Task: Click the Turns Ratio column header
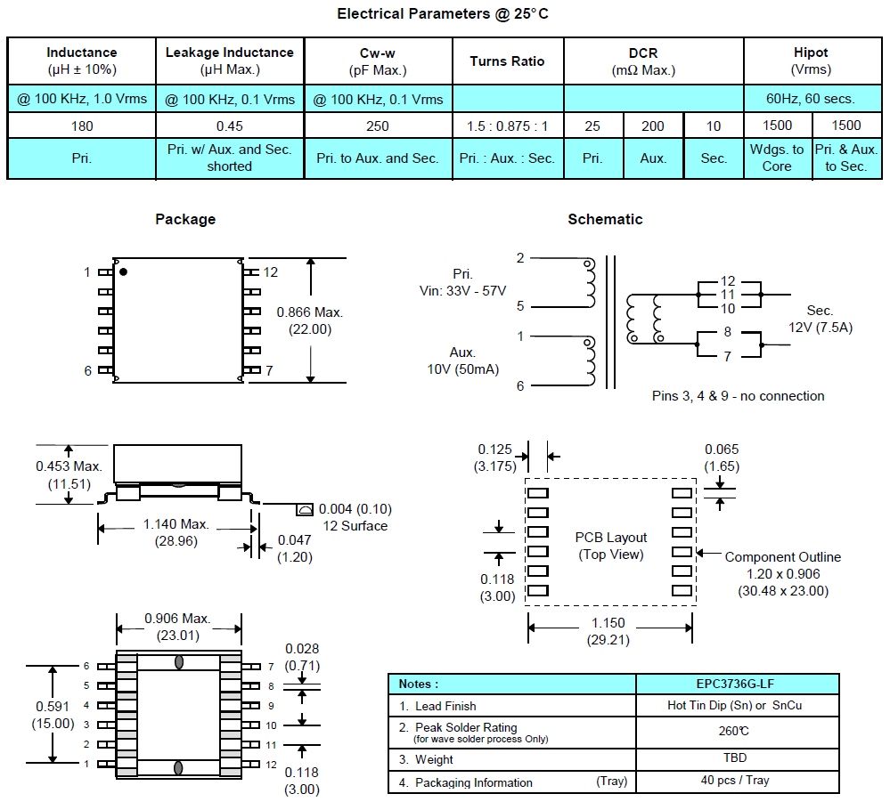coord(507,61)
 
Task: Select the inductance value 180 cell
coord(81,126)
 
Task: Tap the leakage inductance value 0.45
coord(229,126)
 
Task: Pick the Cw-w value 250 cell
coord(378,126)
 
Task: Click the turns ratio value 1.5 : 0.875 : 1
coord(507,126)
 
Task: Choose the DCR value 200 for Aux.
coord(653,126)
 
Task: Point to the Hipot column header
coord(811,61)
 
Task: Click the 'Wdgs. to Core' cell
coord(777,158)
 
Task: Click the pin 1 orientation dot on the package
coord(124,271)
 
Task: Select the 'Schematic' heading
coord(605,219)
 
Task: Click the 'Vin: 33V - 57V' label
coord(462,291)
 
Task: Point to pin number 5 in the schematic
coord(520,306)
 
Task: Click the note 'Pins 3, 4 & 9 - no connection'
coord(738,396)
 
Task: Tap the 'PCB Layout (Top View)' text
coord(611,546)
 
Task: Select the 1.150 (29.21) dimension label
coord(609,631)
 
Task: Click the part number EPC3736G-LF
coord(737,684)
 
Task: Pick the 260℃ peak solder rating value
coord(737,731)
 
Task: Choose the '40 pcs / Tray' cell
coord(737,781)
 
